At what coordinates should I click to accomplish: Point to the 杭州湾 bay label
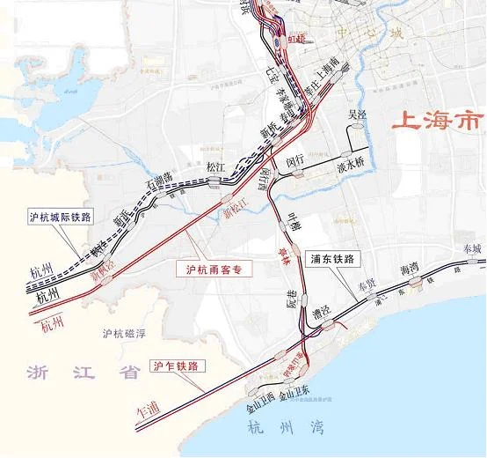tap(287, 428)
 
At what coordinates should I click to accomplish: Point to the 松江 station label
tap(216, 165)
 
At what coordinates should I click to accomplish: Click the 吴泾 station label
tap(357, 115)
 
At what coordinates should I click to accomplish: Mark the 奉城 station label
tap(462, 249)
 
